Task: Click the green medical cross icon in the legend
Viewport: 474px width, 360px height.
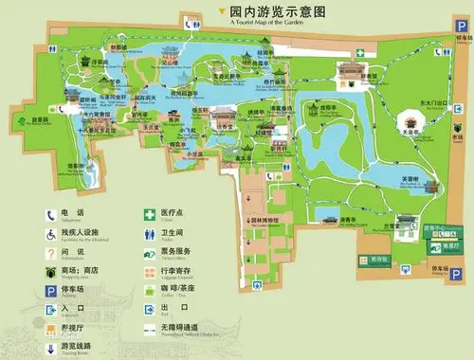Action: point(150,213)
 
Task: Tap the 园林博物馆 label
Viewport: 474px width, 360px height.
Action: point(265,220)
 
